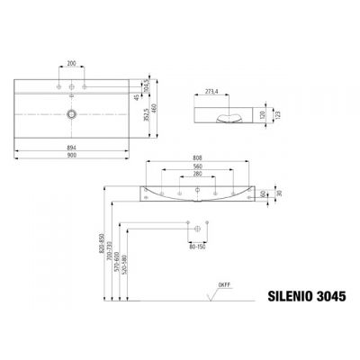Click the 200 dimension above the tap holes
point(69,65)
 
